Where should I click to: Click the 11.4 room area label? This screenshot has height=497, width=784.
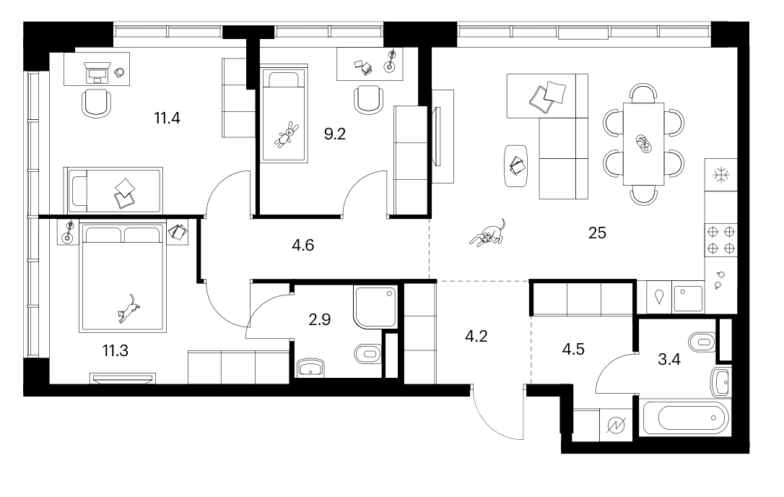point(167,118)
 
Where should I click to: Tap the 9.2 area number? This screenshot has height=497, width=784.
point(335,134)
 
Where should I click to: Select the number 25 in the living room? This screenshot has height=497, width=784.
point(598,233)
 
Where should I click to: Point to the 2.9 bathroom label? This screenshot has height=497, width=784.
point(320,319)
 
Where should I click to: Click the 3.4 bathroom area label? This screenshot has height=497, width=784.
point(669,359)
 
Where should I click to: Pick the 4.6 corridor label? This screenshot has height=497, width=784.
point(303,245)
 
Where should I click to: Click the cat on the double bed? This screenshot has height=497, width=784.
point(129,309)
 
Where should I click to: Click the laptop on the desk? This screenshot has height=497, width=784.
point(97,72)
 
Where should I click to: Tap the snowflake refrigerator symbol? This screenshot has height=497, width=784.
point(721,175)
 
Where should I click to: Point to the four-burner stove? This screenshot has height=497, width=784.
point(721,240)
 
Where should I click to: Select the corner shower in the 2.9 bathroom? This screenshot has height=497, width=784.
point(375,307)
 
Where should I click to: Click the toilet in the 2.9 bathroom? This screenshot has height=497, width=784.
point(368,355)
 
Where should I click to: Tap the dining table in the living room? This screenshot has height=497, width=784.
point(643,144)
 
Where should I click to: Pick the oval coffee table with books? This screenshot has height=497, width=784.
point(516,165)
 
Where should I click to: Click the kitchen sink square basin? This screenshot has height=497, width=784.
point(688,298)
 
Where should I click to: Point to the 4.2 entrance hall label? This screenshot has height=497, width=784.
point(476,337)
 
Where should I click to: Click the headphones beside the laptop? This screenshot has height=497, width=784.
point(120,72)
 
